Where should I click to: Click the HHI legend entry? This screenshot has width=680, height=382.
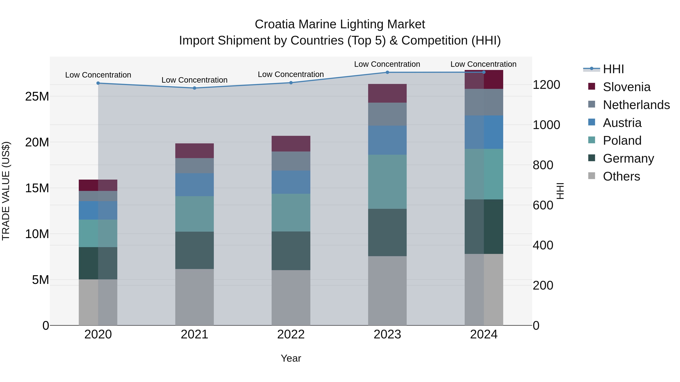[613, 69]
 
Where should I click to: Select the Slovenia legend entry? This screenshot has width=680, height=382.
[626, 87]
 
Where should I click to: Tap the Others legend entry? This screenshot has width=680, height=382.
[621, 176]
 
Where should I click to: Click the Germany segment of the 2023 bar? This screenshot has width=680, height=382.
[387, 233]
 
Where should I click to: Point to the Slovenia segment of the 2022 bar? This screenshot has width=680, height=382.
[291, 144]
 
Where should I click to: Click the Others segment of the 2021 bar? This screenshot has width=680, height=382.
[194, 297]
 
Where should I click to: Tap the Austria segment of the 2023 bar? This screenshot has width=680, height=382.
[387, 140]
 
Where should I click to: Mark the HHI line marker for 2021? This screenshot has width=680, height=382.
[195, 88]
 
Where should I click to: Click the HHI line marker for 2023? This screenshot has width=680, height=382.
[387, 72]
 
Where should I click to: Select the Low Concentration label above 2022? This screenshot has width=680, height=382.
[291, 75]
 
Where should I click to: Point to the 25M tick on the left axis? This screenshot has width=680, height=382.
[37, 96]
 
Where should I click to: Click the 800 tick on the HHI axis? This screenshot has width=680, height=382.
[543, 165]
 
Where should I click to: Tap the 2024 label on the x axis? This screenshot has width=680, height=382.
[484, 334]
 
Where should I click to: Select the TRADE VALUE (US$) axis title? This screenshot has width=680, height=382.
[6, 191]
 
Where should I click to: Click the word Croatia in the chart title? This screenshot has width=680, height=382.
[274, 24]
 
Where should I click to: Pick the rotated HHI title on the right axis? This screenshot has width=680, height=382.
[560, 191]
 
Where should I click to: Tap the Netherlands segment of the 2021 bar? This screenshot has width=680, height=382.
[194, 166]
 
